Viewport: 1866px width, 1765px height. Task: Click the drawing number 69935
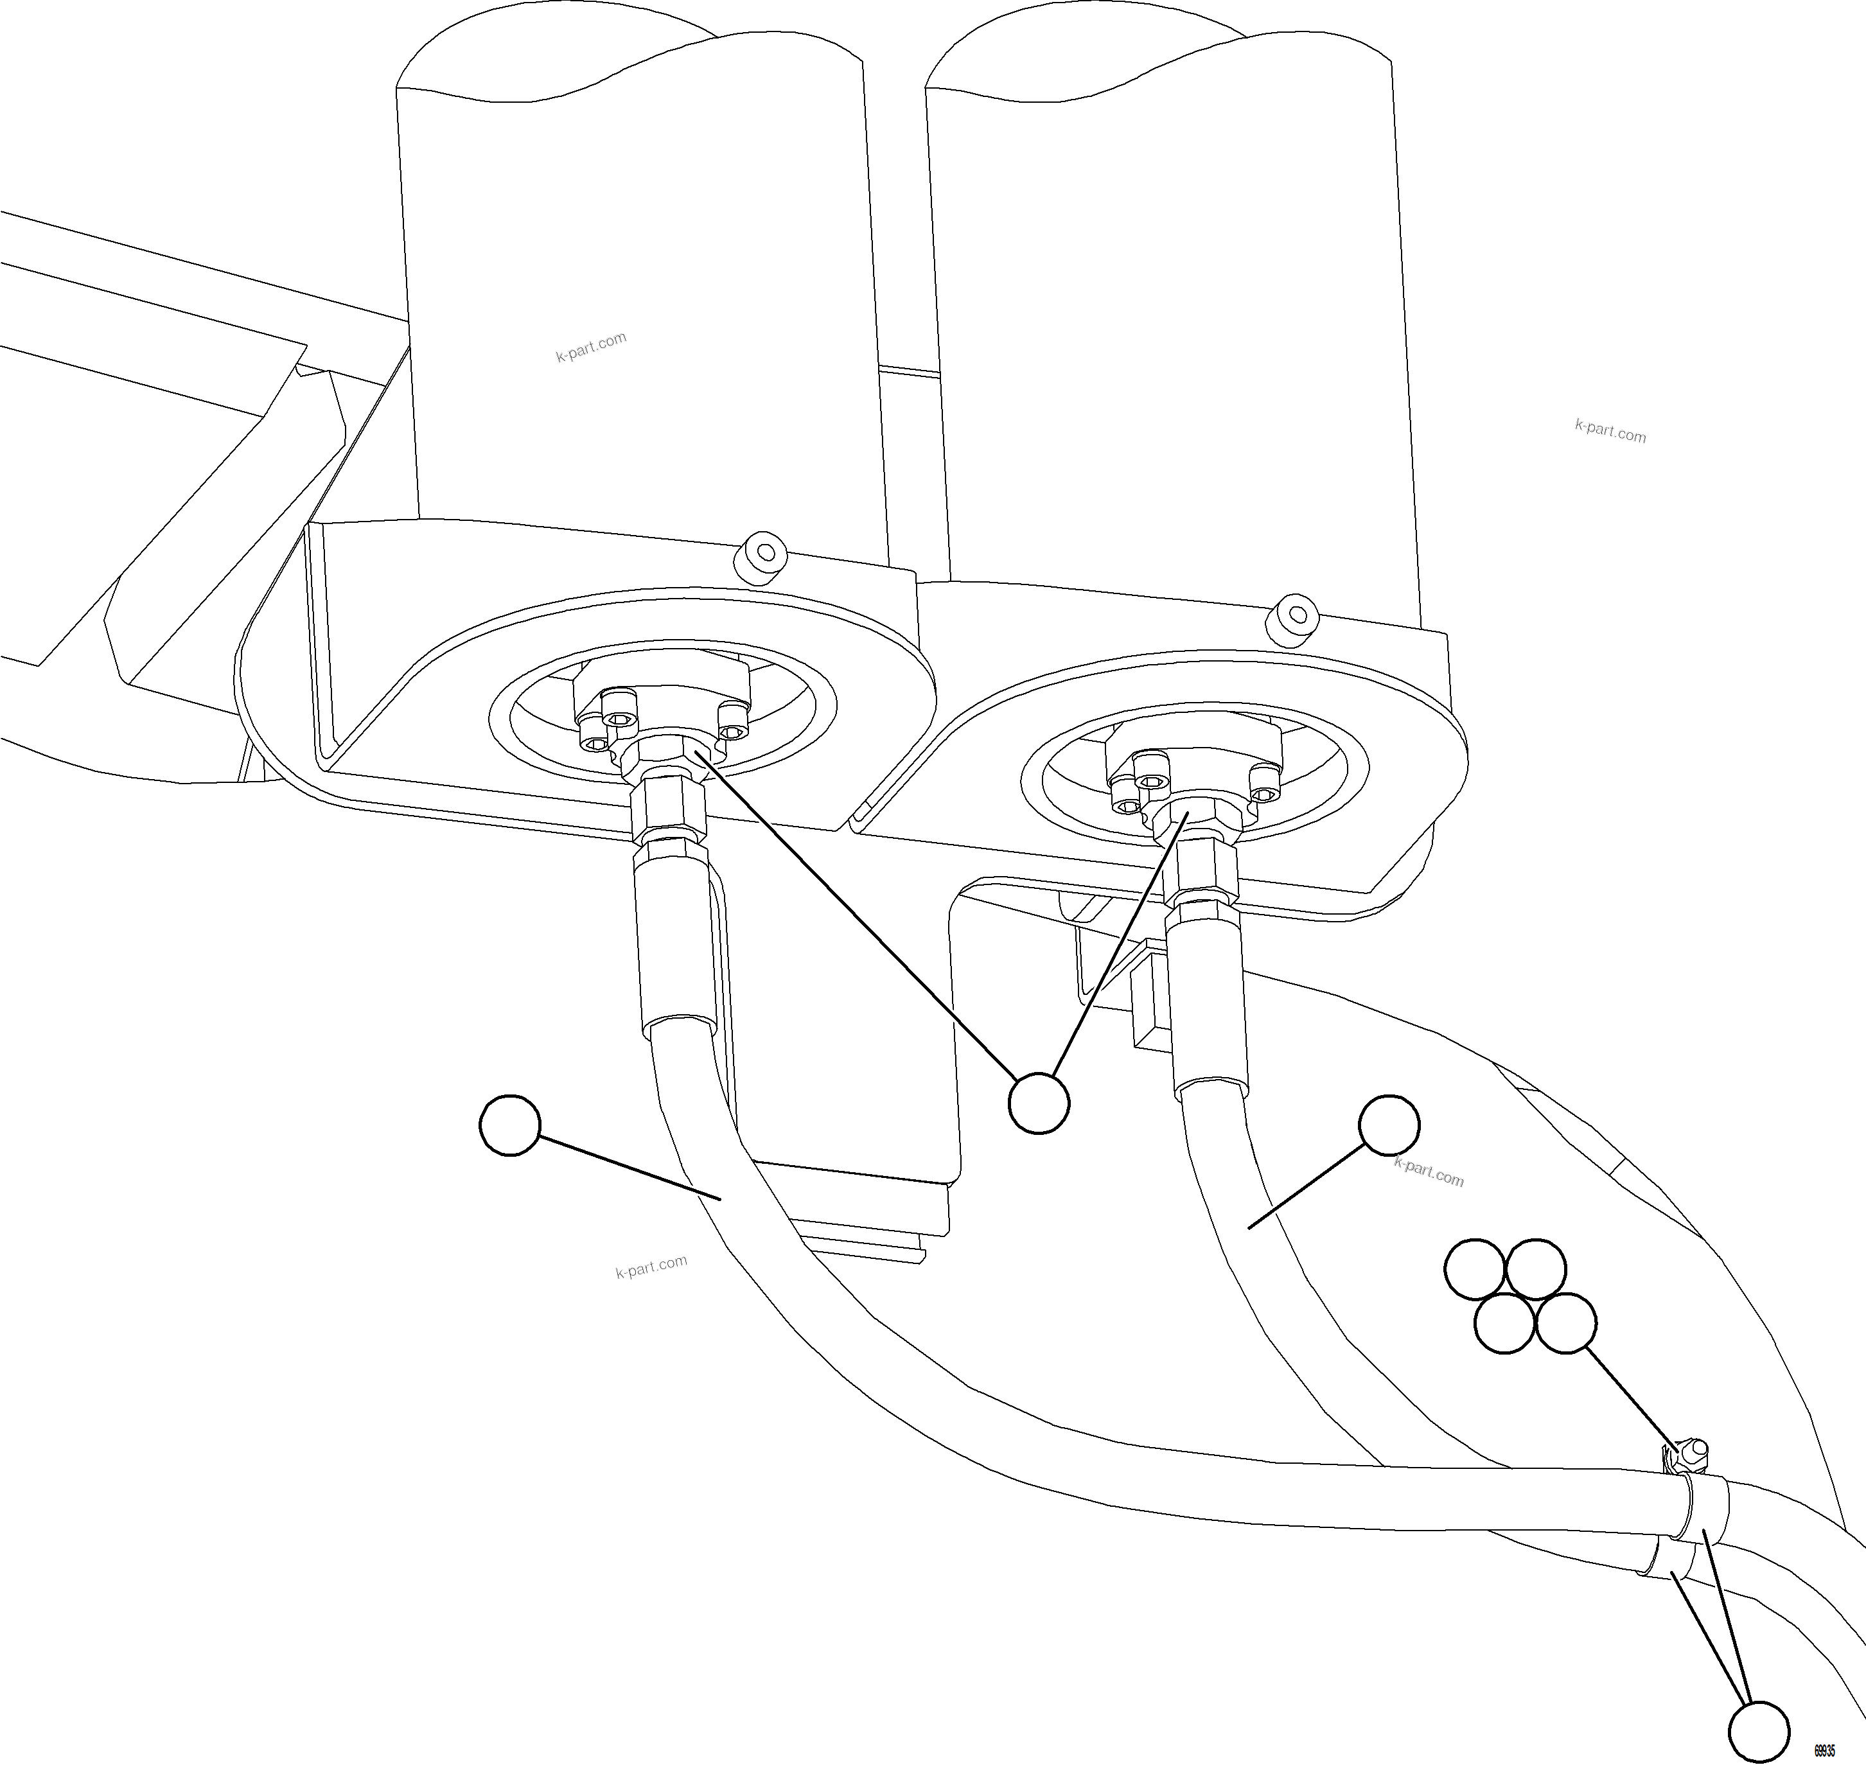tap(1826, 1750)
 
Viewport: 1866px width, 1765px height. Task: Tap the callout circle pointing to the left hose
tap(510, 1124)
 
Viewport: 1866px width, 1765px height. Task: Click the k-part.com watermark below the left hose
tap(651, 1267)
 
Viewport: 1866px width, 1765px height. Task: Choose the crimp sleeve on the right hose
tap(1208, 997)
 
